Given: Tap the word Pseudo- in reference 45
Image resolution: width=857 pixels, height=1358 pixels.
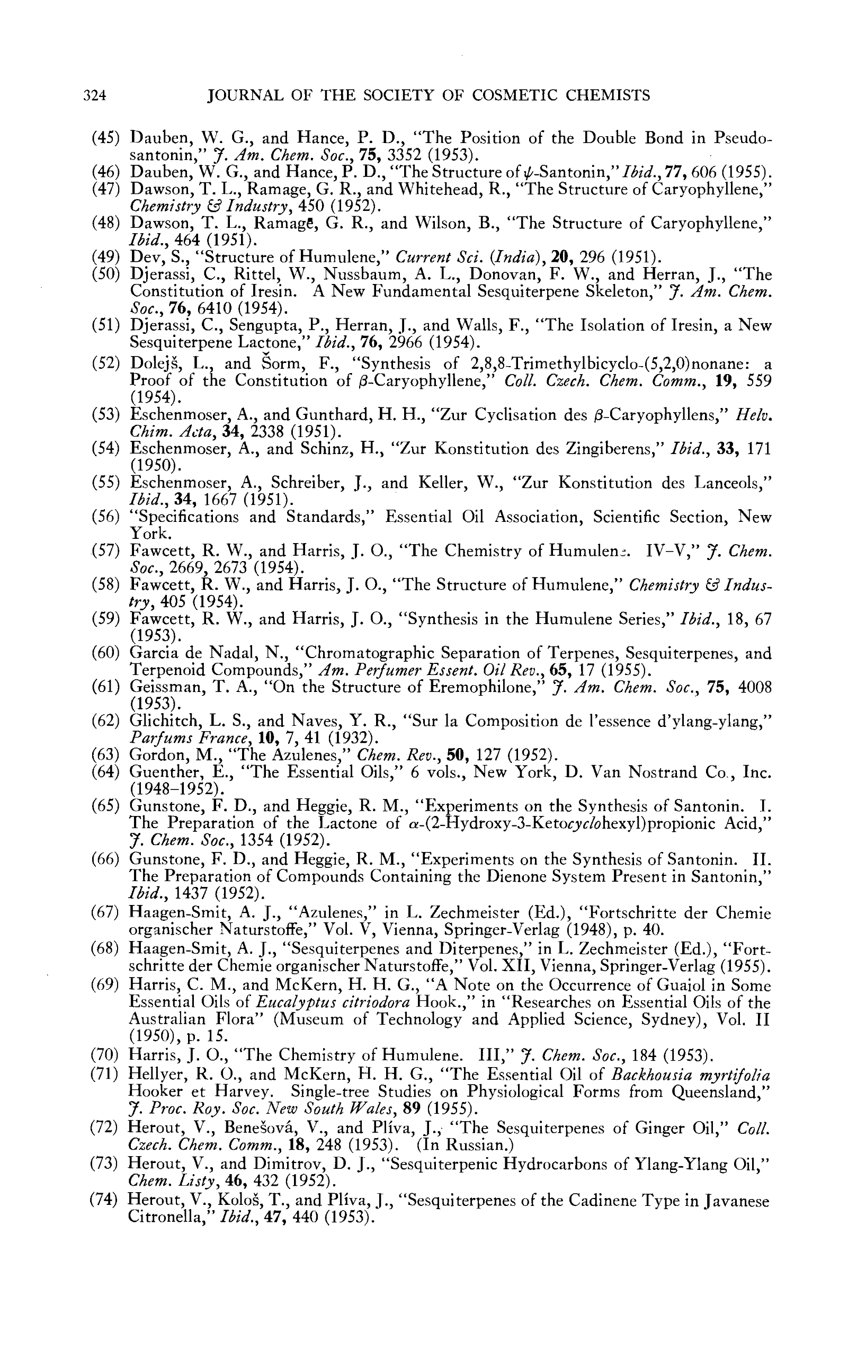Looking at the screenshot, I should (x=743, y=138).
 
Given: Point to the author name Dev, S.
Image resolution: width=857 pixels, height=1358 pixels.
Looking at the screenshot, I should (x=148, y=258).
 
